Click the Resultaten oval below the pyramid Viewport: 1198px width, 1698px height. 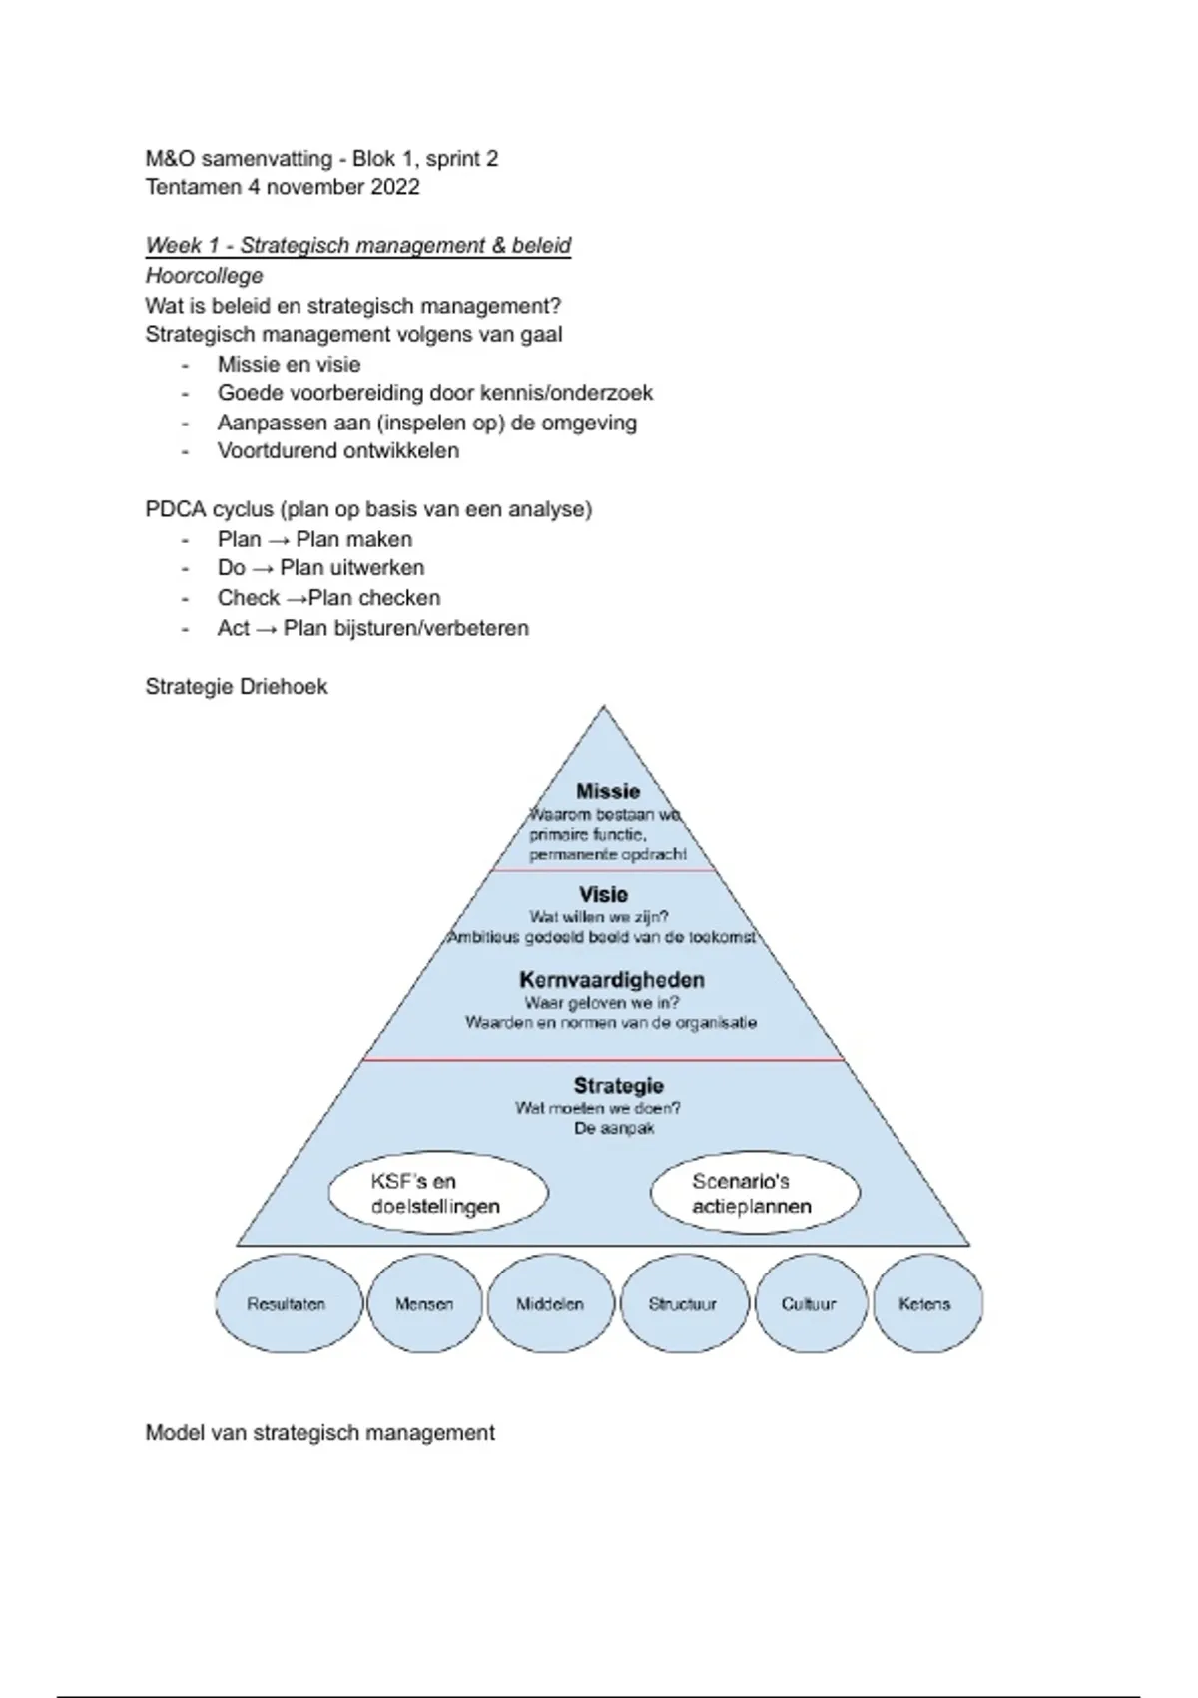288,1304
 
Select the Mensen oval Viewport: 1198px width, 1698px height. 424,1304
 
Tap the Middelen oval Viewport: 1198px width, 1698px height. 550,1304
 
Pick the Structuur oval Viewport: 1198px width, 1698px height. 683,1304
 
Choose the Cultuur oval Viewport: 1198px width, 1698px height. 809,1304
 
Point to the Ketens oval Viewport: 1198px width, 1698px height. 925,1304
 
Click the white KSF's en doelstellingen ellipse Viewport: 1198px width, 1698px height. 437,1194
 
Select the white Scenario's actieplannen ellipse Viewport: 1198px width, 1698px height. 754,1194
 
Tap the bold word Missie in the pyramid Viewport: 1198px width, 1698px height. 608,791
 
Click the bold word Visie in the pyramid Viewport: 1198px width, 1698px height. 603,894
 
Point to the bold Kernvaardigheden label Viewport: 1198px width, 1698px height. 612,980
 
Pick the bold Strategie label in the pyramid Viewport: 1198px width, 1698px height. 618,1085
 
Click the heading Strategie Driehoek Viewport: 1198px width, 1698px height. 237,687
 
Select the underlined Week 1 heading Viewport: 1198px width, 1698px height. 357,246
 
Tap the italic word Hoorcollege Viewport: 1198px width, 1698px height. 205,276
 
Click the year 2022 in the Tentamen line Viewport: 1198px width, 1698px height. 395,187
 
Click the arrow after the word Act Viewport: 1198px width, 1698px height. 267,629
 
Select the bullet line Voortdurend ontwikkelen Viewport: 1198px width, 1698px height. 338,451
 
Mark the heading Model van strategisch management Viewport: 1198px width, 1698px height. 319,1433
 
